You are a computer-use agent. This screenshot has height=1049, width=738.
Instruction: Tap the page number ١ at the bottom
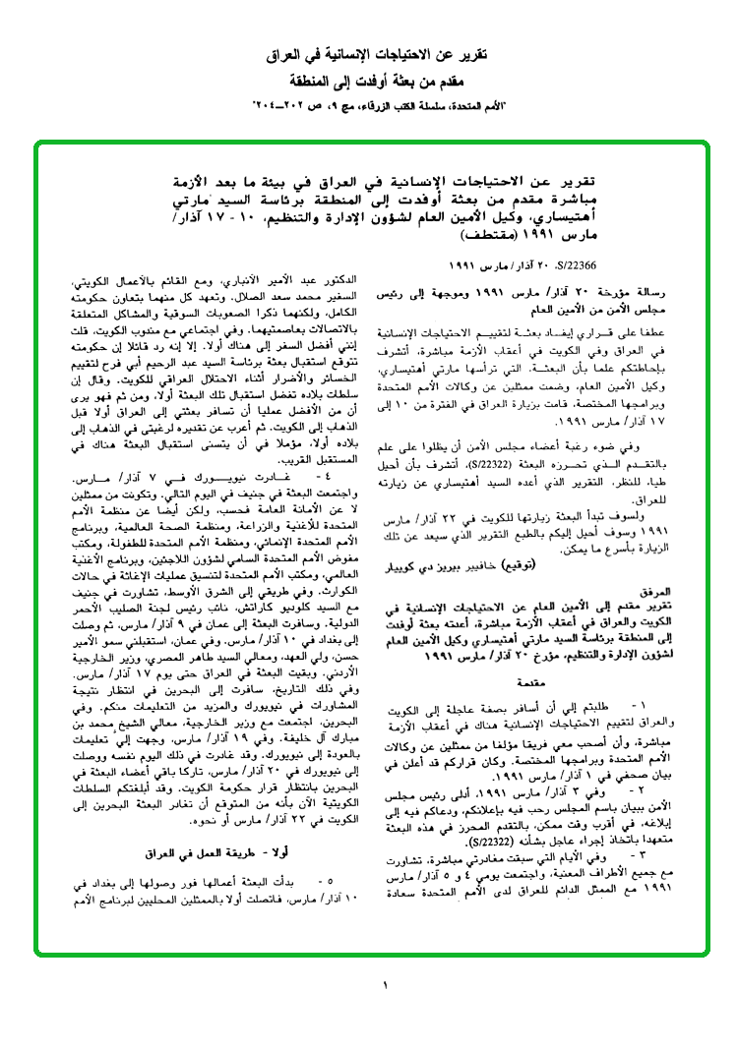coord(386,985)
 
